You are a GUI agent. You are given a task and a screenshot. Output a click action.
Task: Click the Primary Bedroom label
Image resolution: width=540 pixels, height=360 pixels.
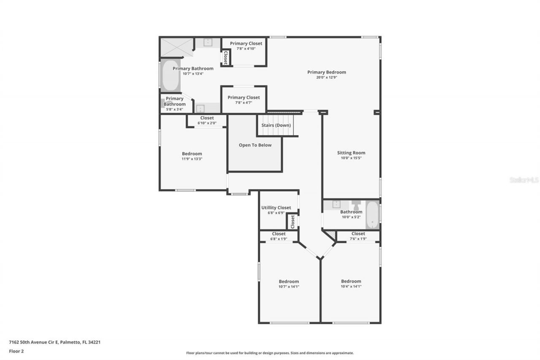[x=326, y=72]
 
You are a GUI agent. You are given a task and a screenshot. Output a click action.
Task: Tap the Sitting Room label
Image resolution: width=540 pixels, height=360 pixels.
[x=351, y=153]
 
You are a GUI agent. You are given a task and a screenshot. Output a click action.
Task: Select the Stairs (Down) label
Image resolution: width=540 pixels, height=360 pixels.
[x=276, y=125]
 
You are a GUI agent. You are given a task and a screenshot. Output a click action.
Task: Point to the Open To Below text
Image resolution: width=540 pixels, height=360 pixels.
[x=255, y=145]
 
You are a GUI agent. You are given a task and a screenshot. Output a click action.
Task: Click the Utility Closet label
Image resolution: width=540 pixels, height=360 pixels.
[x=276, y=208]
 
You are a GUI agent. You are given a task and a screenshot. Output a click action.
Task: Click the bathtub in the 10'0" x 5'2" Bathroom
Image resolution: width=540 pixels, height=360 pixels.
[x=372, y=215]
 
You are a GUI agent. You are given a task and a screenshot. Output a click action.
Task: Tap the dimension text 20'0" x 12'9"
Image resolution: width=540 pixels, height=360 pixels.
[x=326, y=78]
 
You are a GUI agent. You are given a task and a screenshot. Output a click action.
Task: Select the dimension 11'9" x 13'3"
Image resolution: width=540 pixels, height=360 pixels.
[x=192, y=159]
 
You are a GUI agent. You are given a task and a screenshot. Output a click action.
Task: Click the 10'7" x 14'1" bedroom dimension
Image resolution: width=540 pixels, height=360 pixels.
[x=289, y=287]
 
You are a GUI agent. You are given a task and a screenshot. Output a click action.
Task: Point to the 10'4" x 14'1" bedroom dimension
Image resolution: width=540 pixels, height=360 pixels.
[x=351, y=287]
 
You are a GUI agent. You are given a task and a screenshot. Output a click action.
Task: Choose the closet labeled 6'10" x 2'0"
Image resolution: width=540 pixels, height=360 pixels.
[x=207, y=121]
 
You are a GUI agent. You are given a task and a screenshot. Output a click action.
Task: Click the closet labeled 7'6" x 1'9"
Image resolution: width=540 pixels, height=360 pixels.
[x=358, y=236]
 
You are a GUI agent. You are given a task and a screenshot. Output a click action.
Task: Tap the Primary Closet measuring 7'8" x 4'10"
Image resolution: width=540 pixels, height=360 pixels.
[x=246, y=46]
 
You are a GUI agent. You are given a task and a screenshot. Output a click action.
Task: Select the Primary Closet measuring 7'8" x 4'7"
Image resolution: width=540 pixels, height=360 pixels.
[x=243, y=100]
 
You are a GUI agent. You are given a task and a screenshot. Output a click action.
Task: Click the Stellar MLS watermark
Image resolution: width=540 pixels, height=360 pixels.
[x=524, y=180]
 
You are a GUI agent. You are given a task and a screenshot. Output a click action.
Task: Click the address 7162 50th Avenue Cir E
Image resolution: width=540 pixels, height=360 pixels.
[x=54, y=342]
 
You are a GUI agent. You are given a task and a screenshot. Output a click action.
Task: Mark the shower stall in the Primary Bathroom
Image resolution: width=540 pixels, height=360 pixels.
[x=175, y=47]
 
